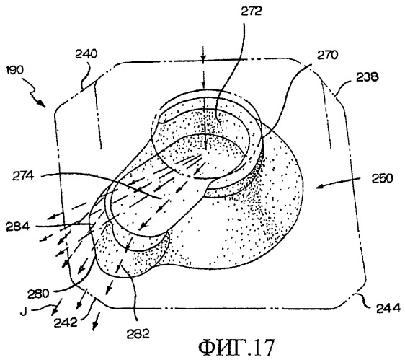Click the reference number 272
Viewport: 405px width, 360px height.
(x=252, y=12)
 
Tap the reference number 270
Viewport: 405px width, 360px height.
(x=327, y=55)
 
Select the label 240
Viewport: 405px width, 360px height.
(x=86, y=54)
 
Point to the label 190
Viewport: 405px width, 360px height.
(x=14, y=70)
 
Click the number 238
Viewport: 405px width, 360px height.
(x=368, y=76)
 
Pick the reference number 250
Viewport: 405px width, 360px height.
(x=382, y=178)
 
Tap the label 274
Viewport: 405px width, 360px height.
(x=23, y=176)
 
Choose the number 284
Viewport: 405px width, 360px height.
(x=18, y=227)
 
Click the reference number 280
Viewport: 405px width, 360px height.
(x=38, y=294)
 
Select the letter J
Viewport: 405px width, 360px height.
(x=23, y=312)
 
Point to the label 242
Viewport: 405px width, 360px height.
(x=66, y=322)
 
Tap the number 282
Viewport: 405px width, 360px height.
(x=138, y=334)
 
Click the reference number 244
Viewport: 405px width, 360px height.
(x=388, y=308)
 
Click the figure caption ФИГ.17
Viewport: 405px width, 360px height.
(x=236, y=348)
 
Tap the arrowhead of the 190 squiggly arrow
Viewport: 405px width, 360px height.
(x=42, y=104)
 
